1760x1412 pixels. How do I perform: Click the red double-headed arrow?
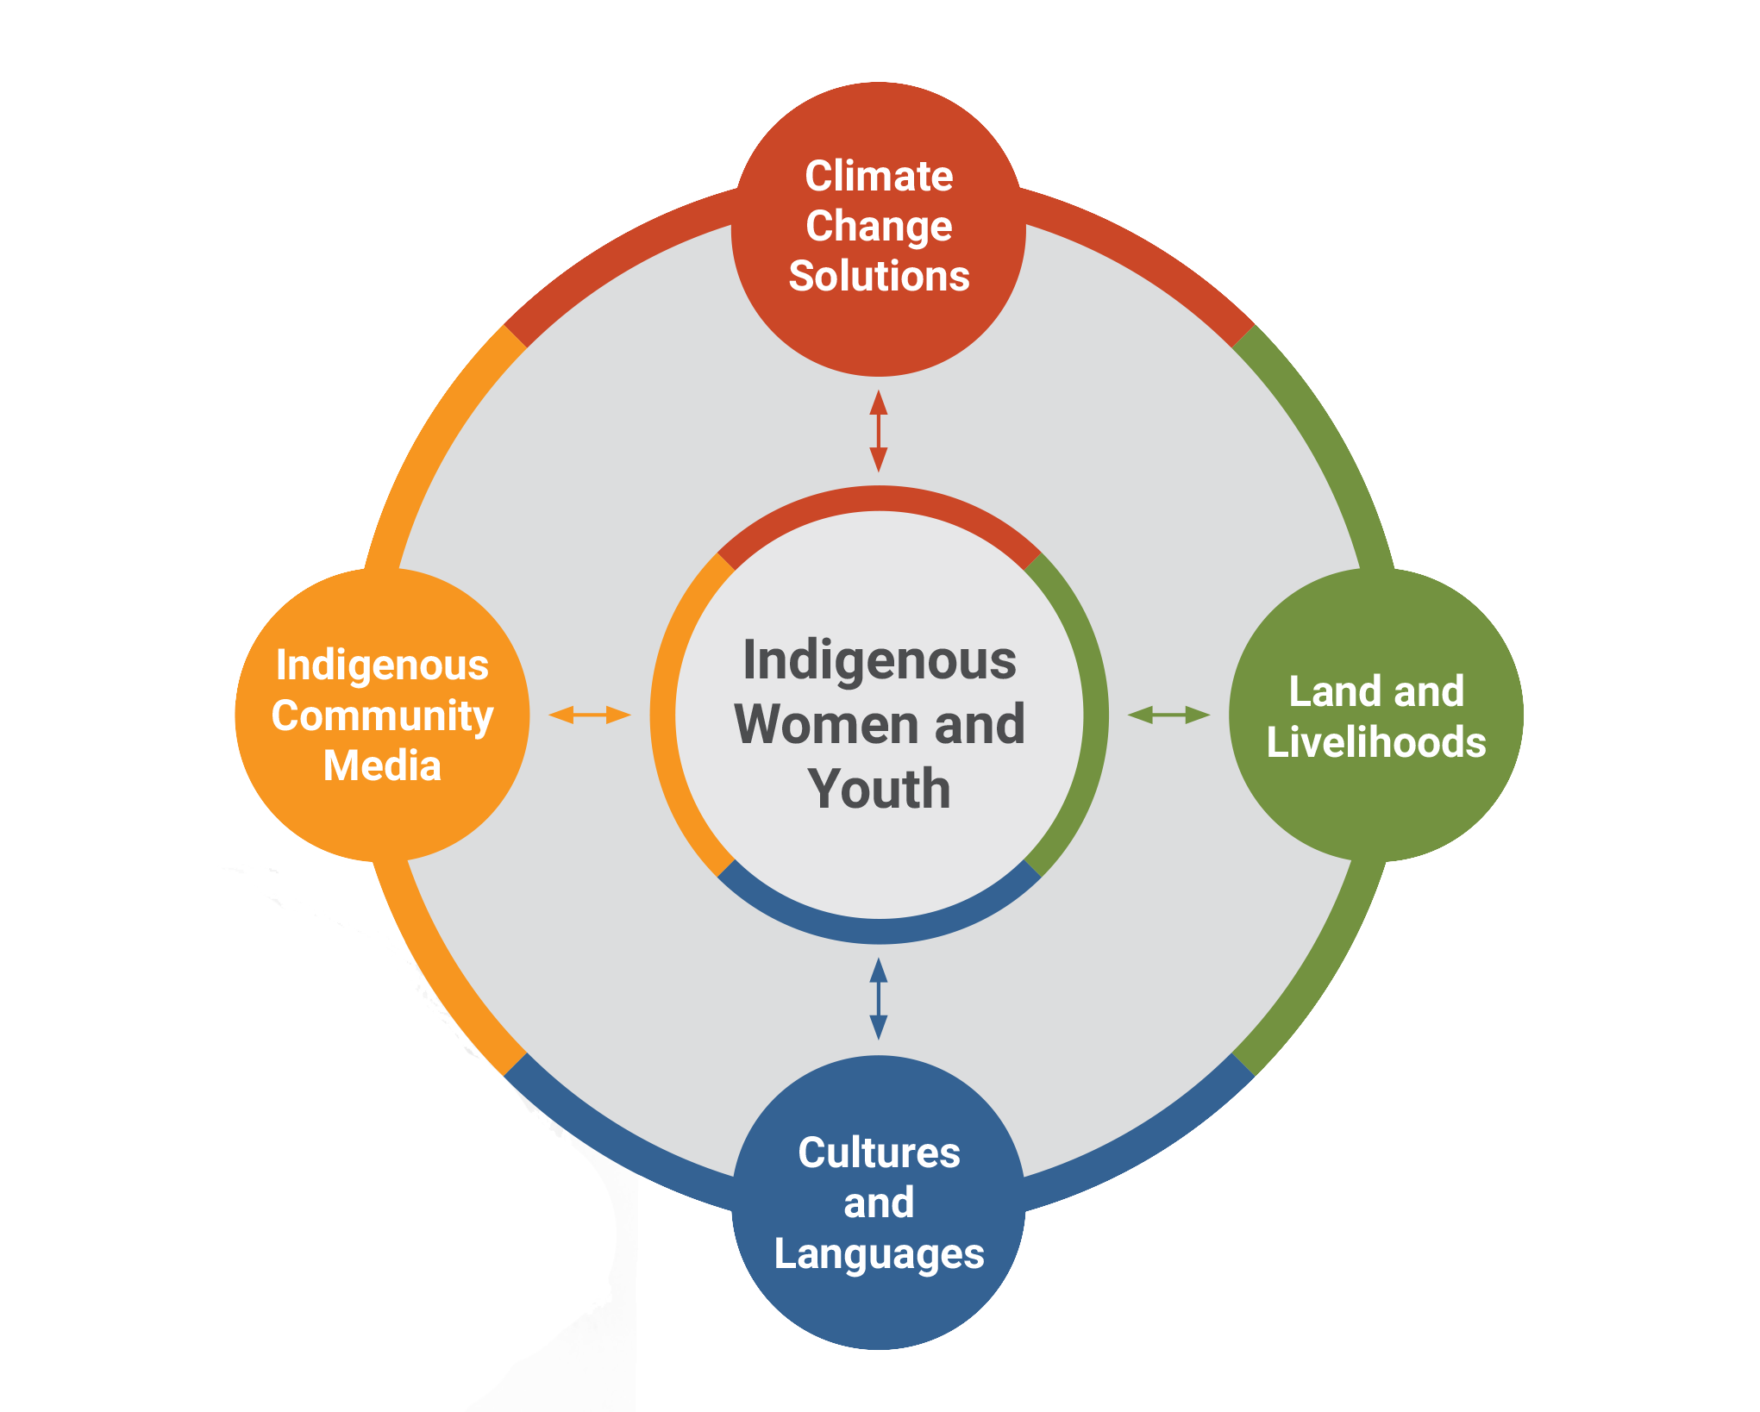click(x=878, y=431)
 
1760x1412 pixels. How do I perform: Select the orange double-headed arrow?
click(x=590, y=715)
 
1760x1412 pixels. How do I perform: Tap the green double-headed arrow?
click(x=1168, y=715)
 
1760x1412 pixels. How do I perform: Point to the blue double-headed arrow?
click(x=878, y=998)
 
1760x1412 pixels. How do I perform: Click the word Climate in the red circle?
click(x=879, y=176)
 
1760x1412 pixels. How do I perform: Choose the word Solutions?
click(x=879, y=276)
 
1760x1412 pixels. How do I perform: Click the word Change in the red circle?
click(x=879, y=227)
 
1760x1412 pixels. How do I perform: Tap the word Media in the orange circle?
click(x=382, y=765)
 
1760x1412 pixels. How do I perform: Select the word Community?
click(x=382, y=716)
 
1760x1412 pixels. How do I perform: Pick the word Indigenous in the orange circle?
click(x=382, y=665)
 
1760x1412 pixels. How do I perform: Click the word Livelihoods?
click(x=1376, y=742)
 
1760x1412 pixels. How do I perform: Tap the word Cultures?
click(x=879, y=1153)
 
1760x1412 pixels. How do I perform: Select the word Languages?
click(x=879, y=1254)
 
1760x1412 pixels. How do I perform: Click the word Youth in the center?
click(x=879, y=789)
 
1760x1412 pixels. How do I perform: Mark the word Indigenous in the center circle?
click(x=879, y=660)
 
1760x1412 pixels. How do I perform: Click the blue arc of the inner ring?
click(x=879, y=930)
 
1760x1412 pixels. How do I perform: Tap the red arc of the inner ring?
click(x=879, y=498)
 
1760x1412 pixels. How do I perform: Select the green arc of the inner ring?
click(x=1094, y=715)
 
